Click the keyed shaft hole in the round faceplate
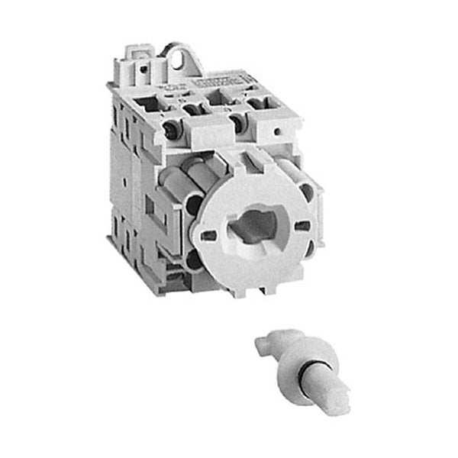[250, 228]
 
